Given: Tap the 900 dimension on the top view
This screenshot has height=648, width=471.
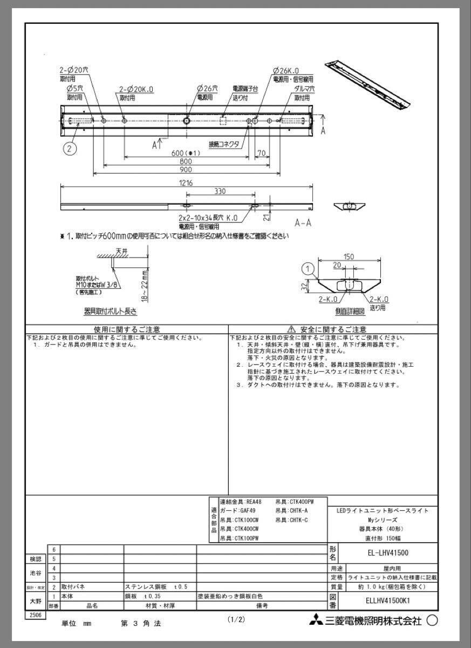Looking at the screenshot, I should [x=186, y=170].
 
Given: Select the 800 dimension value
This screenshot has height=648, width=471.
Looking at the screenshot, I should [x=186, y=161].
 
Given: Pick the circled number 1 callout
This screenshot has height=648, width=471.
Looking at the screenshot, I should [x=308, y=268].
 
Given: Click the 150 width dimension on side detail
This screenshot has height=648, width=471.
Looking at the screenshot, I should [x=350, y=257].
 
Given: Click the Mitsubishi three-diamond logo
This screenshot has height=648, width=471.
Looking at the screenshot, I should [x=315, y=621].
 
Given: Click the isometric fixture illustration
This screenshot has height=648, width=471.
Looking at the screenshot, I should [x=367, y=86].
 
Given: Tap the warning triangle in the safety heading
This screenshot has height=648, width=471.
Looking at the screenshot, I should [x=291, y=329].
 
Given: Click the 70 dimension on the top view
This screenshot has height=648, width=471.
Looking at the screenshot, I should [x=261, y=153].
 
